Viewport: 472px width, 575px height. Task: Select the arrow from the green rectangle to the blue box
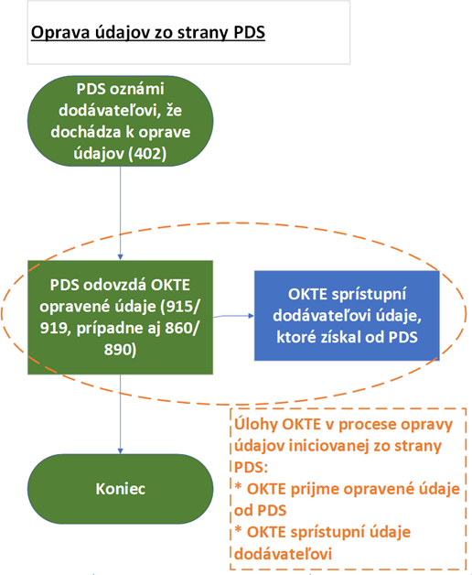[x=233, y=316]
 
